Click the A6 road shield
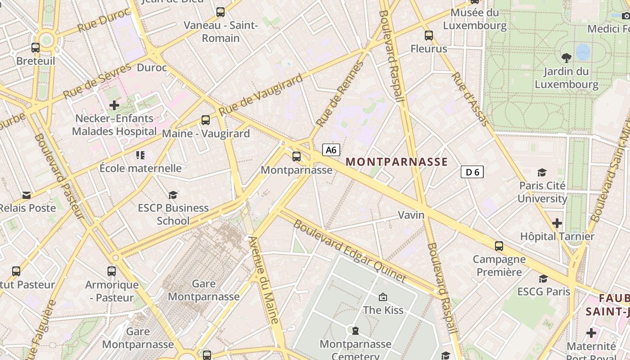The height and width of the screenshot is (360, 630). pos(331,150)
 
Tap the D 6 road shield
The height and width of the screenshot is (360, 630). pos(472,172)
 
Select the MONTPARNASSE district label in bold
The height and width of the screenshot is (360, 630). pos(396,162)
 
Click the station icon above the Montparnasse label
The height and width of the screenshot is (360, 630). pos(297,157)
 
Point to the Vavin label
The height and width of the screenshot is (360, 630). pos(411,215)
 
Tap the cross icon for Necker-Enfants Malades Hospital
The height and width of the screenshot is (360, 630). pos(114,105)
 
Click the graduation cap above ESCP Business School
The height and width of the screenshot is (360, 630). pos(173,195)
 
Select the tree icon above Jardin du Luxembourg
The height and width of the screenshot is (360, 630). pos(566,58)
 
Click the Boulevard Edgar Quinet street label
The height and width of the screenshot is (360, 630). pos(350,251)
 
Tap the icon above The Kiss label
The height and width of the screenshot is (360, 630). pos(383,297)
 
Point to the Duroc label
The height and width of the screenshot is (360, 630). pos(152,68)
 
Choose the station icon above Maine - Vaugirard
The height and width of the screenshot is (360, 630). pos(206,120)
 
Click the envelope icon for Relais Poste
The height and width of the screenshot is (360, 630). pos(27,195)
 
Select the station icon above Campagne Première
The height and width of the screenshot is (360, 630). pos(499,246)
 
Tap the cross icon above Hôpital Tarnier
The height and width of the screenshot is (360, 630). pos(557,223)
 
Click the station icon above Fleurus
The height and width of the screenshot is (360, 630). pos(429,35)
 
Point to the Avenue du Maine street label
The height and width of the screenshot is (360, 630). pos(264,279)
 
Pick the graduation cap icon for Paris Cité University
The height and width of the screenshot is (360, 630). pos(542,172)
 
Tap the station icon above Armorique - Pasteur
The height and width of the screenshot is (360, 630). pos(112,271)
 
